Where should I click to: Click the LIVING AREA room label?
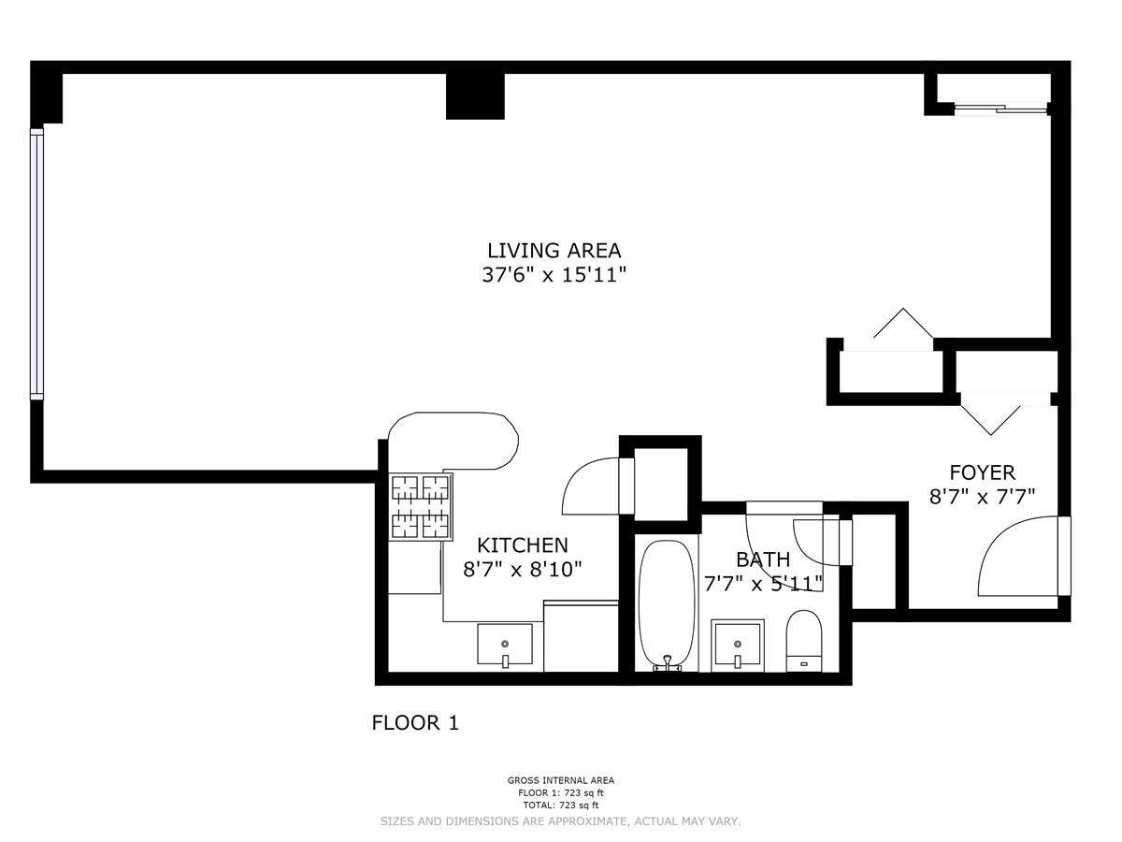coord(554,251)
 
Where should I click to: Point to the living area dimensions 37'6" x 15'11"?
coord(554,275)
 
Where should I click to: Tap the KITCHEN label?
coord(522,545)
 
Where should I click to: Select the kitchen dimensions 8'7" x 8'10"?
coord(522,569)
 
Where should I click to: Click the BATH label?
coord(762,559)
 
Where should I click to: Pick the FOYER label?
coord(982,472)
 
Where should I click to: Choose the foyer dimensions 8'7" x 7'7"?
coord(982,497)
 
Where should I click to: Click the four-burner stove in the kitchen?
coord(421,506)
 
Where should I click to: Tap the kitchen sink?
coord(505,645)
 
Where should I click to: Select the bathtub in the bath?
coord(666,605)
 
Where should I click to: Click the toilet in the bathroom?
coord(804,641)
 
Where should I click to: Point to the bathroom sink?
coord(737,645)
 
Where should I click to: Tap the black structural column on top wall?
coord(475,95)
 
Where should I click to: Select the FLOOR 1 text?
coord(415,723)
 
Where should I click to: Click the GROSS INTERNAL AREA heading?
coord(560,780)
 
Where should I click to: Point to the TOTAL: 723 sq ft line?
coord(560,805)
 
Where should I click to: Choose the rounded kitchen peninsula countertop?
coord(458,440)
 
